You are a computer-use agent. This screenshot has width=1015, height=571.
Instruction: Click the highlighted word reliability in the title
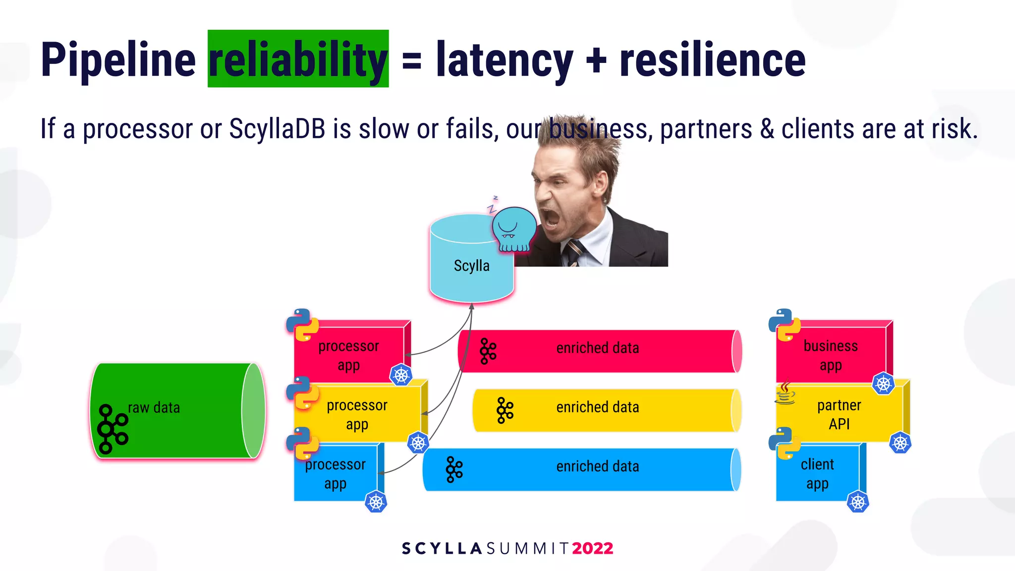(298, 59)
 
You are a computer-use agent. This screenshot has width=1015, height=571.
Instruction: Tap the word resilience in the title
(712, 59)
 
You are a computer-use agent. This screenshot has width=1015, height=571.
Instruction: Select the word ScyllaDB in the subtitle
(277, 129)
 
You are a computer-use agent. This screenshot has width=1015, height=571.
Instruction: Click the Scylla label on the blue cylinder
(471, 266)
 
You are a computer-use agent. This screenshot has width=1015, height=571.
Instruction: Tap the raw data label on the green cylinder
(154, 408)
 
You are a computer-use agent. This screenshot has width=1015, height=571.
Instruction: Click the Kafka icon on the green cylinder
(112, 429)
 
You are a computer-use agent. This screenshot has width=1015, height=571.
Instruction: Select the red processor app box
(348, 355)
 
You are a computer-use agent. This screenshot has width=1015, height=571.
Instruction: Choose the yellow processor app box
(357, 414)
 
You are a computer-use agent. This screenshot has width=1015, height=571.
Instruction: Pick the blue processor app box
(335, 473)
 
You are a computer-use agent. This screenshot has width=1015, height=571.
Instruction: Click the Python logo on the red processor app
(302, 325)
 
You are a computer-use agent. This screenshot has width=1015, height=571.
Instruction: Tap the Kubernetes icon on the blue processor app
(376, 502)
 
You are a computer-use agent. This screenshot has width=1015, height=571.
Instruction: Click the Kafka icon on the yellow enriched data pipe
(505, 410)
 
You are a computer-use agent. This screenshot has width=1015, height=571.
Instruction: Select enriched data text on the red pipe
(597, 348)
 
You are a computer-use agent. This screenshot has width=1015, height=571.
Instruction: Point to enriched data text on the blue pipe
(597, 466)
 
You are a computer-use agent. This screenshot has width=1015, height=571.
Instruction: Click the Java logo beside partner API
(785, 393)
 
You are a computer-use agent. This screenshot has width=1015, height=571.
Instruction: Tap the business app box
(831, 355)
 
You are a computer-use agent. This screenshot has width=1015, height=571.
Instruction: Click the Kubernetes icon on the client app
(857, 502)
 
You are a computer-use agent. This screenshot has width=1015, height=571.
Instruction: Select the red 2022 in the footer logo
(592, 548)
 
